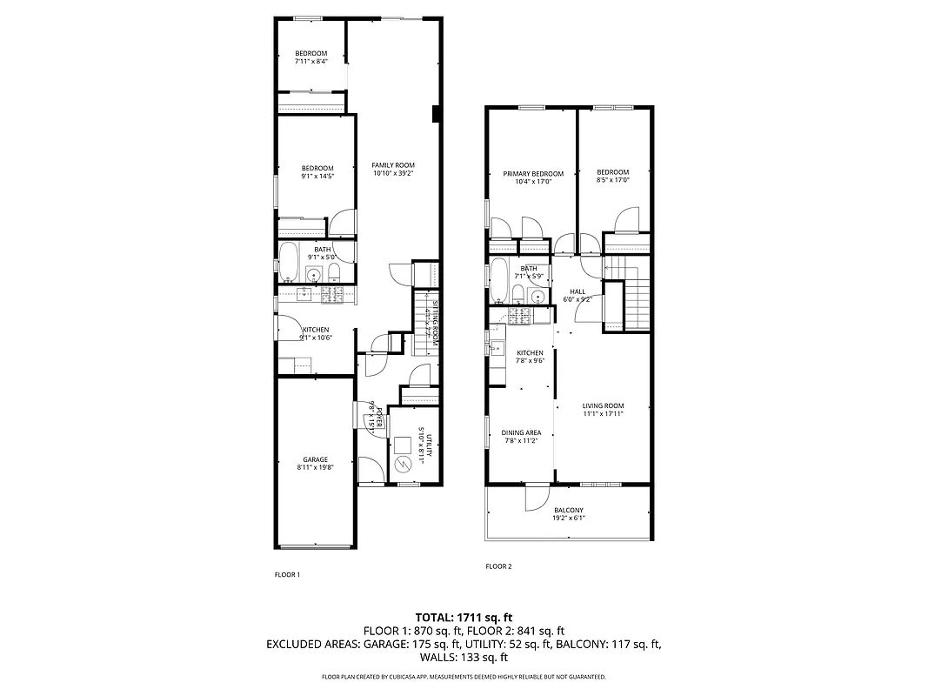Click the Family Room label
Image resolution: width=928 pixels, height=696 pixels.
(x=393, y=165)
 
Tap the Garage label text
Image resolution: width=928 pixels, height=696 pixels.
(x=315, y=459)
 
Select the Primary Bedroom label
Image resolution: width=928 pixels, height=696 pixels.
(x=533, y=173)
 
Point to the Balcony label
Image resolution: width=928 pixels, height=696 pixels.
(x=568, y=511)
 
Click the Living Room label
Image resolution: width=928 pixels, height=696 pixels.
(x=603, y=406)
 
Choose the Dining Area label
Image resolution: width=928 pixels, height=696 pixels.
(x=522, y=432)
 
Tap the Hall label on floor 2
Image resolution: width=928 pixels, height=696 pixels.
(x=577, y=291)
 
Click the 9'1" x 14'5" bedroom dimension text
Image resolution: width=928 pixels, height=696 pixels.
(x=317, y=176)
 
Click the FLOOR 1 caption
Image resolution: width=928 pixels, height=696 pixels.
(x=287, y=575)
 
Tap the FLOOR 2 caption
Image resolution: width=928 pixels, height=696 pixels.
(x=498, y=566)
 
